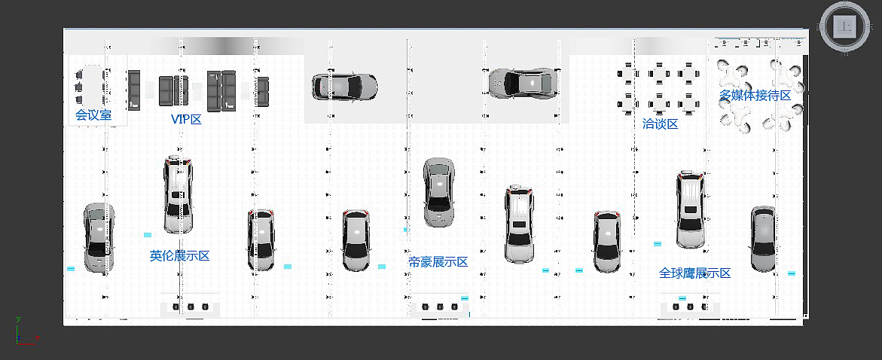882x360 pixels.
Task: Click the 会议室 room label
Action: tap(93, 115)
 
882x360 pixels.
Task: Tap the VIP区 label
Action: tap(186, 119)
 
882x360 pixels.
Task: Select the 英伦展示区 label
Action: tap(179, 256)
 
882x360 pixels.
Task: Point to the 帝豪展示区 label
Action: tap(438, 262)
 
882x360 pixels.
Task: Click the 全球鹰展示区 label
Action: tap(694, 273)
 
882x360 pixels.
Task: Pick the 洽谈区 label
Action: tap(661, 124)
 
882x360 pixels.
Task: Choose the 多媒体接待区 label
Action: tap(755, 96)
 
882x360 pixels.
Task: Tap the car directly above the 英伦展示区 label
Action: tap(178, 194)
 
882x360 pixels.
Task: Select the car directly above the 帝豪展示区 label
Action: tap(439, 192)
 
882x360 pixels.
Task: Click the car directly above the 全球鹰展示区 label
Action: tap(691, 209)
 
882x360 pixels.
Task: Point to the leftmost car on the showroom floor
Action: tap(99, 237)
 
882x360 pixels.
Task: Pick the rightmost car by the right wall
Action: tap(763, 239)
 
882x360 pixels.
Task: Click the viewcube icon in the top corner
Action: tap(844, 26)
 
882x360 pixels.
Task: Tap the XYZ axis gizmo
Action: tap(26, 331)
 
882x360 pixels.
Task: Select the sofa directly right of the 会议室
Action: tap(133, 90)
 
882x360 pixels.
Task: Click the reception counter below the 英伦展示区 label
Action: tap(190, 307)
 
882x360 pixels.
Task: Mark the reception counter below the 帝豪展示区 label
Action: tap(439, 307)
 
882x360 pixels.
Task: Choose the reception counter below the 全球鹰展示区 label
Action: tap(691, 307)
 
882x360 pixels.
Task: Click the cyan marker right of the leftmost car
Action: tap(148, 234)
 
